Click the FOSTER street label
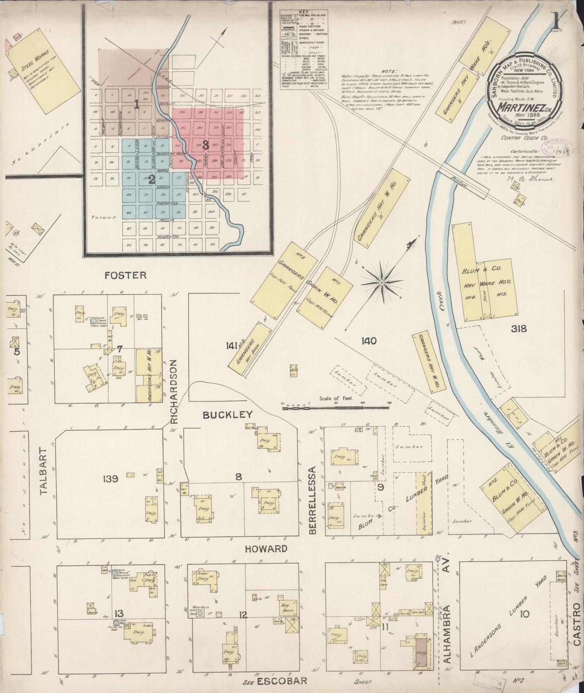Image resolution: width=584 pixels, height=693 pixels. tap(125, 275)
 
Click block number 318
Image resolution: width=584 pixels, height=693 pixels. tap(519, 328)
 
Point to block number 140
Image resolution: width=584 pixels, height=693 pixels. tap(369, 341)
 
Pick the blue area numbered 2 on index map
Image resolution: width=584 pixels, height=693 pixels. tap(152, 180)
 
